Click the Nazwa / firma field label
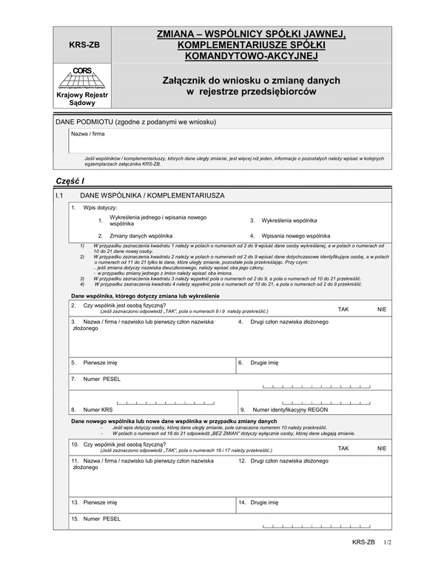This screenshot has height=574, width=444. coord(87,134)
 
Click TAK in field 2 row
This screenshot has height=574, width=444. coord(343,308)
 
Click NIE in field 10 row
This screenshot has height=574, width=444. coord(382,448)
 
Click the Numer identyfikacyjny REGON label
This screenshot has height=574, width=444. coord(290,409)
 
